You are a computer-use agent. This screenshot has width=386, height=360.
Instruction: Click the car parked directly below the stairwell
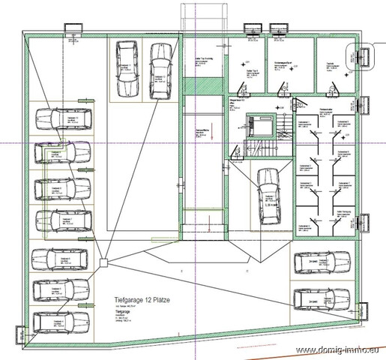point(268,196)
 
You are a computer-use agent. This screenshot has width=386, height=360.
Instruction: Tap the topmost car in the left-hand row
point(62,119)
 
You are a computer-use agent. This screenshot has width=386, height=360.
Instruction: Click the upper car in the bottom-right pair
point(322,262)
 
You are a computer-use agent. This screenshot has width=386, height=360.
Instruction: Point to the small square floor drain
point(104,262)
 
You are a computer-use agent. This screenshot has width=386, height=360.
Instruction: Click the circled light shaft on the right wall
point(364,55)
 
